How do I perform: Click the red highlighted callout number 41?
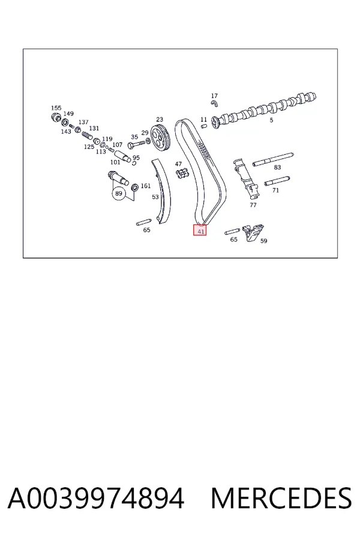coord(200,230)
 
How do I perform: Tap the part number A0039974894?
coord(96,498)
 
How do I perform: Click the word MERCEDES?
coord(281,498)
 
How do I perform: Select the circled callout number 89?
coord(119,194)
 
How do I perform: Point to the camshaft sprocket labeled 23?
coord(160,139)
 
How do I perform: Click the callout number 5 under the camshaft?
coord(271,120)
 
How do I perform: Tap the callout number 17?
coord(214,96)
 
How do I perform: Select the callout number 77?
coord(253,205)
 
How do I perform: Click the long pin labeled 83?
coord(273,160)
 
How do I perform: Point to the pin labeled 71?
coord(277,181)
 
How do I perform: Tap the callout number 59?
coord(263,241)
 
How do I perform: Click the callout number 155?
coord(56,108)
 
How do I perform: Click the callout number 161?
coord(146,185)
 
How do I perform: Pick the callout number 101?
coord(115,162)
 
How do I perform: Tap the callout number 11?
coord(203,119)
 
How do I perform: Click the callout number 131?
coord(94,128)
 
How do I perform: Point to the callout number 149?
coord(68,113)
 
